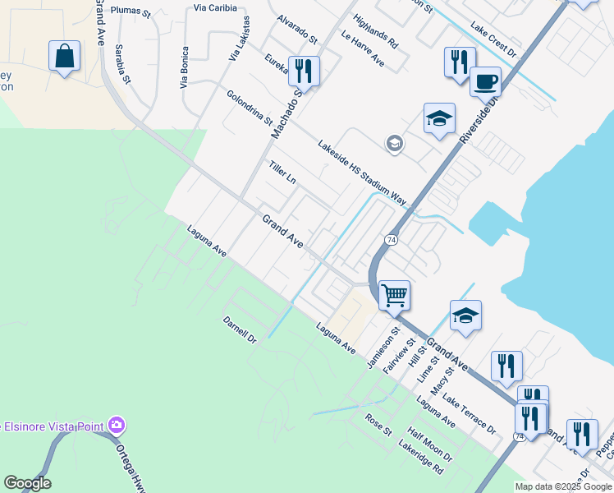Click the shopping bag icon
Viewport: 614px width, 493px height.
(64, 57)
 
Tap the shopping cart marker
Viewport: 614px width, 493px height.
(395, 294)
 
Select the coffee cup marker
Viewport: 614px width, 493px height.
(485, 82)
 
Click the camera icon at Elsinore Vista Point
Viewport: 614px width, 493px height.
(117, 425)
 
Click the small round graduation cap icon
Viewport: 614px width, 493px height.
(394, 144)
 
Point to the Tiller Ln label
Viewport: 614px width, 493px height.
(282, 173)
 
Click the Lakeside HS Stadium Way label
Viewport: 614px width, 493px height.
(362, 172)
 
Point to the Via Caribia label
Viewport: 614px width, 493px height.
(216, 7)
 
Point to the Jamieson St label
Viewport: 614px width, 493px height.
(383, 348)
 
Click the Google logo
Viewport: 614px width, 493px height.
(27, 483)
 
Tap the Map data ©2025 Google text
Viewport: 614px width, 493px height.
(564, 486)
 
